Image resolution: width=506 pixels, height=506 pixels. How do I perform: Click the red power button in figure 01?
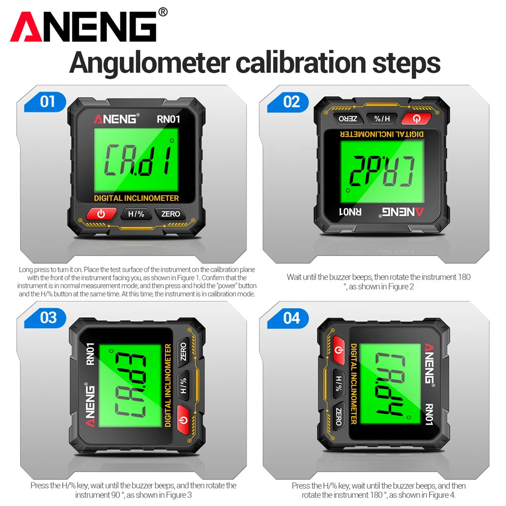(101, 214)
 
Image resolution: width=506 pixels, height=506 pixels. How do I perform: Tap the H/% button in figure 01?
(136, 214)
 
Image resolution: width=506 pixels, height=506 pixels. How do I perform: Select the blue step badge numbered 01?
(45, 102)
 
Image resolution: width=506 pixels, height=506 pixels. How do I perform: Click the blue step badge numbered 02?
(288, 102)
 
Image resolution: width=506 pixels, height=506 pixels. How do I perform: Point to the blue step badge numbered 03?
(45, 318)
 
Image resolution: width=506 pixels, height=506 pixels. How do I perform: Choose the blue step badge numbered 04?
(288, 318)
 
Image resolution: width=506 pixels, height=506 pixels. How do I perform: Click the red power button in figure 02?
(416, 119)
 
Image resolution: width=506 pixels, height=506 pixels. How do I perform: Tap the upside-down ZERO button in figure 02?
(348, 119)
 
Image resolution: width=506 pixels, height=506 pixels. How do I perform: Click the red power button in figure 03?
(183, 419)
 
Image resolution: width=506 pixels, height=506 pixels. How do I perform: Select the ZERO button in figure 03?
(183, 352)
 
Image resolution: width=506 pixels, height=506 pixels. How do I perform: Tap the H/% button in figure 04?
(339, 384)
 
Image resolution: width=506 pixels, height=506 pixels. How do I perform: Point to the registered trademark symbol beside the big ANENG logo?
(163, 12)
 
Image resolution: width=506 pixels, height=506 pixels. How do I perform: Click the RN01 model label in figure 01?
(168, 119)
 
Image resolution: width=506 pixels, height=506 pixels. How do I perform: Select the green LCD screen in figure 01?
(136, 160)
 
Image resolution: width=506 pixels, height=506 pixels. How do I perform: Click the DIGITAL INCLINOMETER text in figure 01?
(136, 198)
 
